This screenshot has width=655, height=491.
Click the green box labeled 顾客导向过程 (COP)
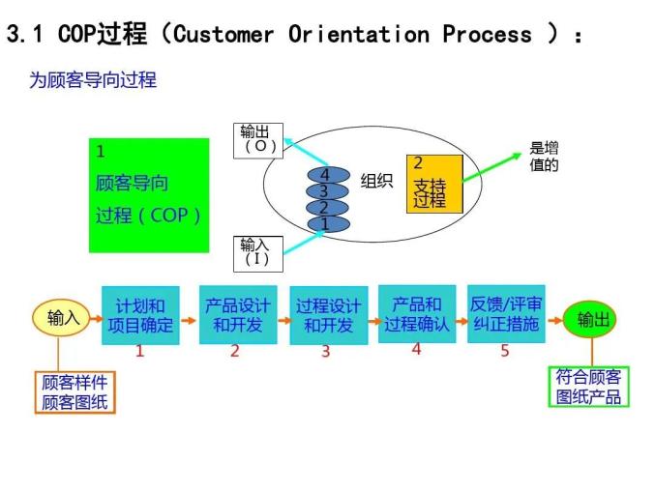[149, 195]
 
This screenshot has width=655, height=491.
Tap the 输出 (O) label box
[260, 139]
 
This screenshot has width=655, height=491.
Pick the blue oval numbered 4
[326, 175]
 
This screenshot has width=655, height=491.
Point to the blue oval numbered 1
[326, 224]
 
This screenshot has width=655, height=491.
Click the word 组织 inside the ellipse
[376, 181]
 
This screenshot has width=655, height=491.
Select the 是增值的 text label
[544, 157]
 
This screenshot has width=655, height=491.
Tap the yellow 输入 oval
[63, 317]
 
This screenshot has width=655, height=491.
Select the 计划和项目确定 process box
[140, 315]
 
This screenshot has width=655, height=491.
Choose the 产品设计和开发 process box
[237, 314]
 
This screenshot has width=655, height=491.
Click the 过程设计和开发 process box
[328, 316]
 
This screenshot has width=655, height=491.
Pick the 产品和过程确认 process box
[417, 314]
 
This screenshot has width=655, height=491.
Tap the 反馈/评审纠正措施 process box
[504, 314]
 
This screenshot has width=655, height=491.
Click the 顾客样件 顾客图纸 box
[74, 392]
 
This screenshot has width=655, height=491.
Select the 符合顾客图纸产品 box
[588, 387]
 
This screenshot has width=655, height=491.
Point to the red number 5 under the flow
[504, 351]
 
